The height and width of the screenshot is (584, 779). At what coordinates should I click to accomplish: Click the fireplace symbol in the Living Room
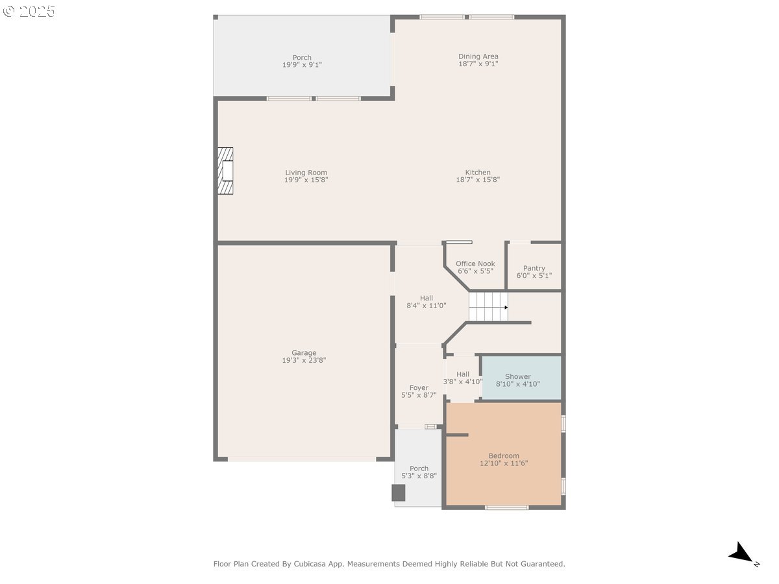click(225, 171)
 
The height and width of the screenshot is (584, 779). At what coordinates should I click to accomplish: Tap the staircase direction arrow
click(506, 308)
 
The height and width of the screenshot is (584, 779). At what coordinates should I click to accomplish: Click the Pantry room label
click(534, 272)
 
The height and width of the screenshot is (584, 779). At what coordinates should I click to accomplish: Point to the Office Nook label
click(475, 267)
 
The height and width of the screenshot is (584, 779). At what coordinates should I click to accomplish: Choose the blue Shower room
click(521, 378)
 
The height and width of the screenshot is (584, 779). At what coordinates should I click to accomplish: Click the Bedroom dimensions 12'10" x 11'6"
click(504, 463)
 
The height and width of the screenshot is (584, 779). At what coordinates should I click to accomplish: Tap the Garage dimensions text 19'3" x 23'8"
click(304, 360)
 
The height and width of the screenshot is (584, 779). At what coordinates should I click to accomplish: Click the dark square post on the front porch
click(398, 493)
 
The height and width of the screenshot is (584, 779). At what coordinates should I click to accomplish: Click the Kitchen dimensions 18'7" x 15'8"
click(478, 180)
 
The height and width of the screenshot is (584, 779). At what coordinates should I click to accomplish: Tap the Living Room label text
click(306, 173)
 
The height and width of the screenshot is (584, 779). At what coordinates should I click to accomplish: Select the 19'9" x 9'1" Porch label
click(302, 61)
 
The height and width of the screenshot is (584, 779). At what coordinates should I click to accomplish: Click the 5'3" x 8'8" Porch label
click(419, 472)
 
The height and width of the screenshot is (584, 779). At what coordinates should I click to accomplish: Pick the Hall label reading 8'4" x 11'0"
click(427, 302)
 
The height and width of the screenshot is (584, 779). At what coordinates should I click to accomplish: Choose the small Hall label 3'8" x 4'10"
click(463, 378)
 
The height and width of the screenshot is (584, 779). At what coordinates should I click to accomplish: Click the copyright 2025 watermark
click(29, 11)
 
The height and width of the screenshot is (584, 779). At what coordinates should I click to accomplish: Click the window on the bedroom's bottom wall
click(506, 508)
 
